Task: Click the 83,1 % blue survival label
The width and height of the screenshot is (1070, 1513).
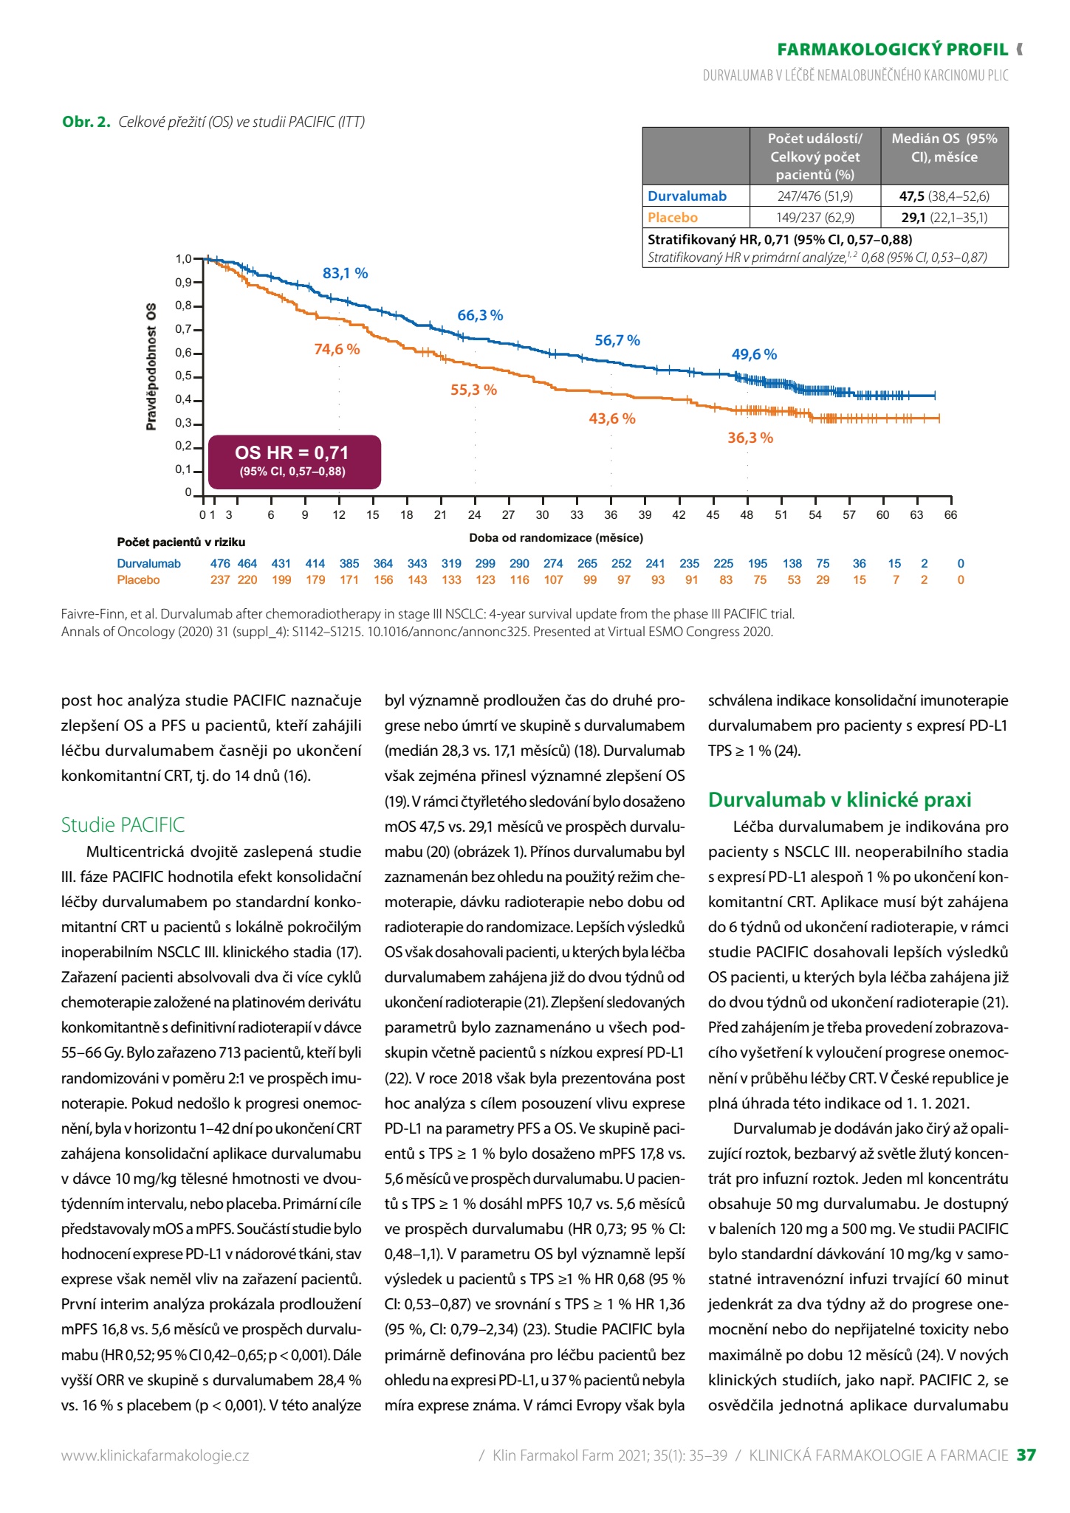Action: coord(345,273)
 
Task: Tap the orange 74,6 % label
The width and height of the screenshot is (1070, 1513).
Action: coord(337,349)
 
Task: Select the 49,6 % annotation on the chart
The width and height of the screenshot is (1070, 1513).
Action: coord(754,354)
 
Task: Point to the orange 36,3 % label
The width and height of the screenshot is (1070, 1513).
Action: coord(750,438)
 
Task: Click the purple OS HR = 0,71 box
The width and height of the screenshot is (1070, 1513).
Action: coord(295,462)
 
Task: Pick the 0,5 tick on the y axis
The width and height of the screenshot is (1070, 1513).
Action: coord(183,376)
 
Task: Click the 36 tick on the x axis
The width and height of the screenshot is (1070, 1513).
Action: coord(611,515)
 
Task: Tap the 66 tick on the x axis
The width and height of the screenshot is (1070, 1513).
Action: coord(950,515)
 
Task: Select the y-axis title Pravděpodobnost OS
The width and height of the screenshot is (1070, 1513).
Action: coord(151,366)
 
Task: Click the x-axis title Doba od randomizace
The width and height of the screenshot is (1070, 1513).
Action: coord(556,537)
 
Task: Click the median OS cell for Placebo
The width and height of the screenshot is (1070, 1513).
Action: coord(944,217)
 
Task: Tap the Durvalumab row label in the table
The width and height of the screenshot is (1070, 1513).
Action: coord(687,196)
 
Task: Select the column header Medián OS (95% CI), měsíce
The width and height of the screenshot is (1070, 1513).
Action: coord(944,148)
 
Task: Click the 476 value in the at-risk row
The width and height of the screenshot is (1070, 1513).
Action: coord(220,563)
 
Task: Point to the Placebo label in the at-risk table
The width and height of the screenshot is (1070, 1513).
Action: coord(138,579)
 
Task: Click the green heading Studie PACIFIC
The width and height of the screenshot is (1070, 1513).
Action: coord(123,824)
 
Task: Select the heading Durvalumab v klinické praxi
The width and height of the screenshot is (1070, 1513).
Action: coord(840,799)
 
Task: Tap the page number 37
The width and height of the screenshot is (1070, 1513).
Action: coord(1026,1455)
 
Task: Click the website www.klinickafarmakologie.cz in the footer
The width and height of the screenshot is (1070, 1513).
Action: coord(155,1455)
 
